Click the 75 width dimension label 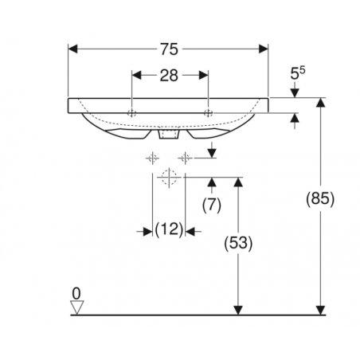[x=169, y=49]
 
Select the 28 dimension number [x=169, y=76]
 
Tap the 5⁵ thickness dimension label [x=297, y=73]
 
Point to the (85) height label [x=320, y=198]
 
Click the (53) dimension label [x=238, y=243]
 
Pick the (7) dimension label [x=212, y=205]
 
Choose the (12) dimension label [x=169, y=229]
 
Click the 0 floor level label [x=76, y=294]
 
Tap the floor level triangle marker [x=76, y=307]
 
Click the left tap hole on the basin [x=132, y=113]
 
